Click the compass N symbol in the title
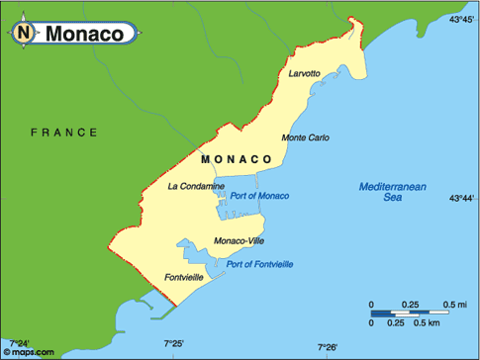click(x=24, y=33)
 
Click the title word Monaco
click(x=83, y=34)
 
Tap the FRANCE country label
click(x=64, y=132)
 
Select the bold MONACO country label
click(x=236, y=158)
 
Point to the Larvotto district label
click(x=306, y=74)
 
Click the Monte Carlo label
click(x=306, y=137)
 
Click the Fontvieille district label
click(x=185, y=277)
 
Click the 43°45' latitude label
click(x=463, y=19)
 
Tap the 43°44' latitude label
click(x=463, y=198)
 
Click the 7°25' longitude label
click(x=174, y=343)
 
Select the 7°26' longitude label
click(x=328, y=347)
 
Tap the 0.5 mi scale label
click(x=455, y=303)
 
